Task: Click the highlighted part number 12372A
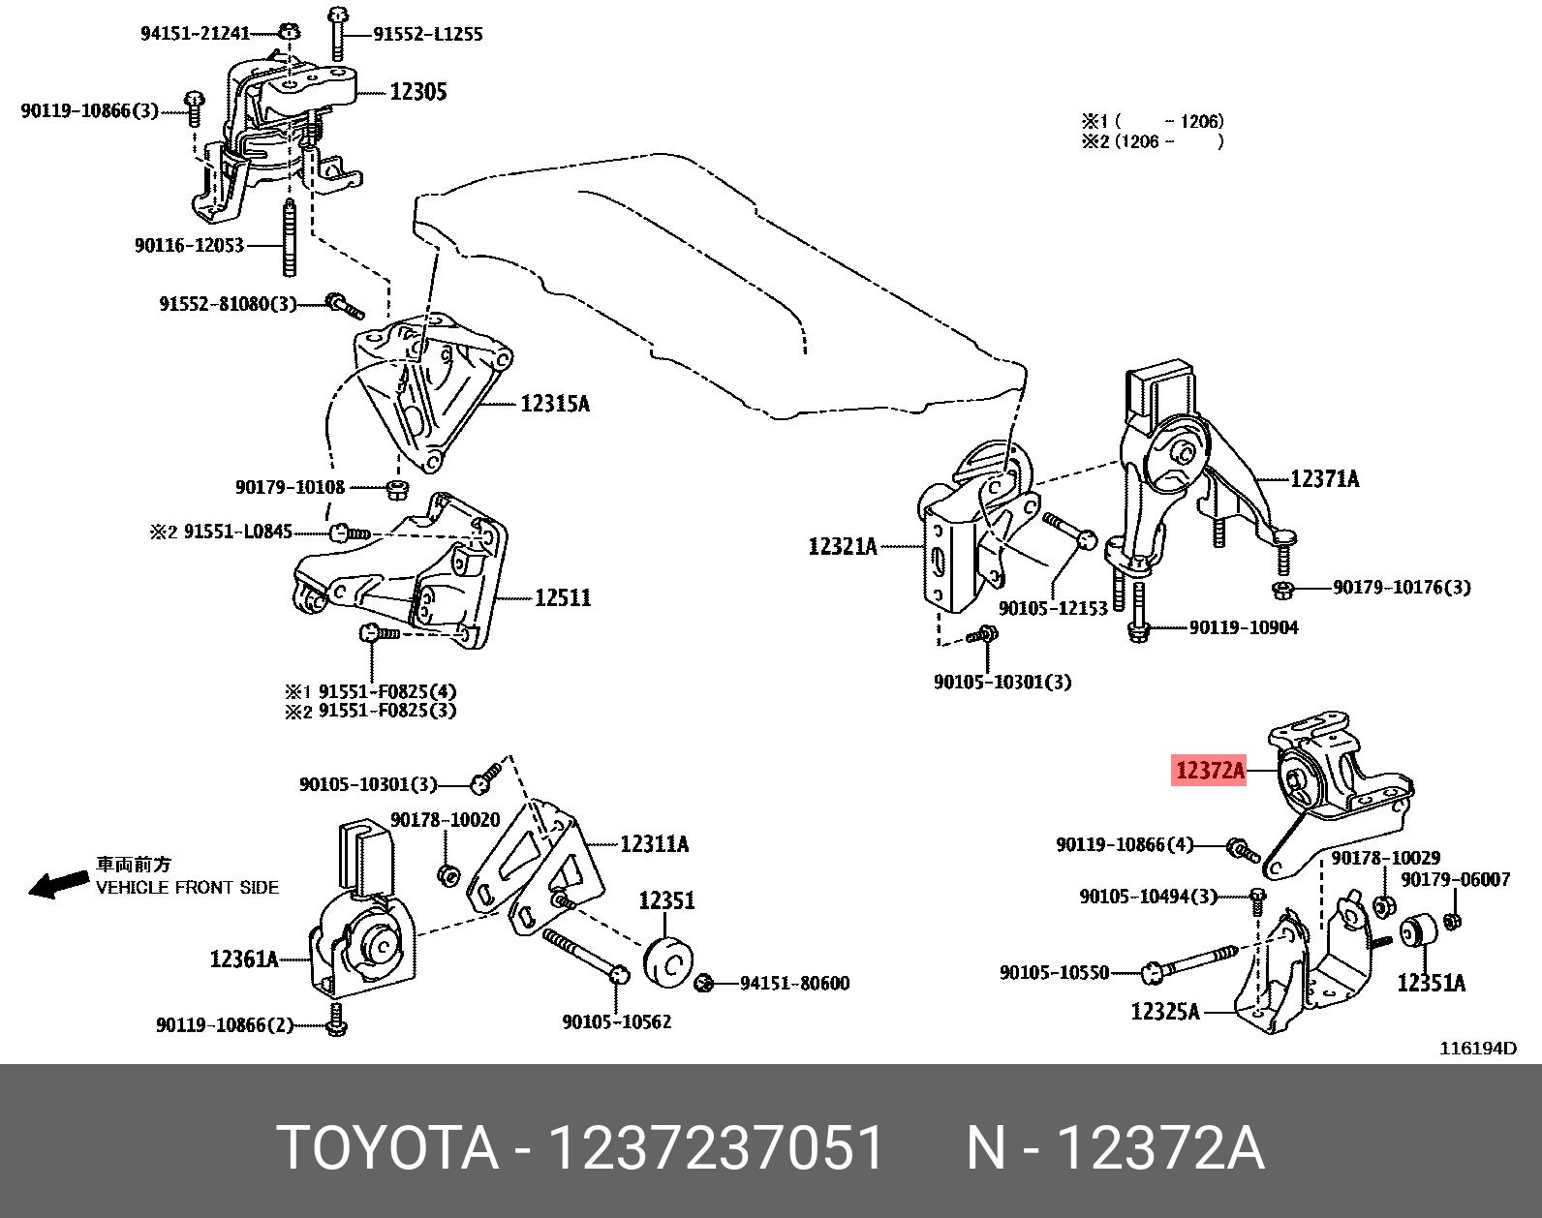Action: [1209, 771]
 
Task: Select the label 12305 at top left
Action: [417, 92]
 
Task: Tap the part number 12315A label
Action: [554, 404]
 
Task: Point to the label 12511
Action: [562, 597]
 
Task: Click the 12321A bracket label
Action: [842, 547]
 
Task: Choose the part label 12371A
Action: [1324, 478]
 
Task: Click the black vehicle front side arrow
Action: [57, 883]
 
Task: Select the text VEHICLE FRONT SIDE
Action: [187, 887]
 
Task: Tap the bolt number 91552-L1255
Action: [427, 34]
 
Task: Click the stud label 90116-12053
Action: [189, 246]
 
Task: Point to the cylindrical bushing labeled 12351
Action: [667, 961]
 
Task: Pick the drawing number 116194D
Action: [1477, 1048]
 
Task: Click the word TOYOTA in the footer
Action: [387, 1148]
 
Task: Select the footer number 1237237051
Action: [716, 1148]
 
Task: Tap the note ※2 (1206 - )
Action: [1152, 141]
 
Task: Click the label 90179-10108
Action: [290, 487]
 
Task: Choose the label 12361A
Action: [243, 959]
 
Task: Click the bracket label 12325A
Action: [1164, 1012]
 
